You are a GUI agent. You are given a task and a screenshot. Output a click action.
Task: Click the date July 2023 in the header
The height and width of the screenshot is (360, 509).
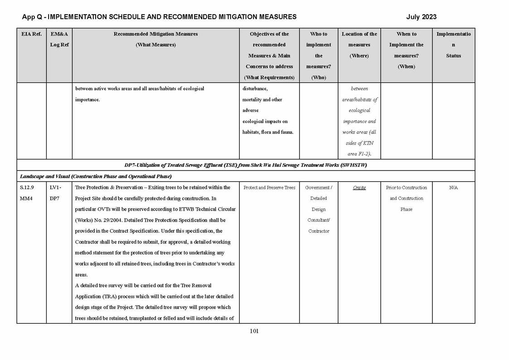click(x=421, y=17)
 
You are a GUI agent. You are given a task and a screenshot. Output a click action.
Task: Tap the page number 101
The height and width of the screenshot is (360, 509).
click(x=254, y=331)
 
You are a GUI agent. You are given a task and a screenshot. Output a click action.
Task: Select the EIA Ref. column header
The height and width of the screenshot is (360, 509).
click(x=31, y=34)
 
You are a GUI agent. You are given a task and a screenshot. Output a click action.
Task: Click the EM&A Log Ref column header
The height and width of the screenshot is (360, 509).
click(x=59, y=39)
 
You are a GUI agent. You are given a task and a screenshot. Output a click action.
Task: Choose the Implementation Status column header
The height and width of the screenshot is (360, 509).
click(x=453, y=45)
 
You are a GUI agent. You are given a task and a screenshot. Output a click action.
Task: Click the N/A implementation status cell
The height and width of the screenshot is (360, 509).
click(x=453, y=188)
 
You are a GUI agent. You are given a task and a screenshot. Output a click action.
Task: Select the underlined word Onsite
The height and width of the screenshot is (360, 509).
click(x=359, y=188)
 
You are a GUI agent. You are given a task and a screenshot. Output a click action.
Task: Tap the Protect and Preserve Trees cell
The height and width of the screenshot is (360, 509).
click(x=269, y=188)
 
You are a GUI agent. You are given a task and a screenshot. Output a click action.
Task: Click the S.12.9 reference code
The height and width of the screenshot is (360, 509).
click(x=27, y=188)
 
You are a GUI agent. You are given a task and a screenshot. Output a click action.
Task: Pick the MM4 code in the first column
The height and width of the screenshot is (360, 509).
click(x=26, y=199)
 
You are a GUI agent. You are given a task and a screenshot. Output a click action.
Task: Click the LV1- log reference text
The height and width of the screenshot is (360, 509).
click(x=55, y=188)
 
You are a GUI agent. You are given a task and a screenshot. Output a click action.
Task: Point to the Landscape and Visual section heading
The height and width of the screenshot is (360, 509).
click(x=96, y=176)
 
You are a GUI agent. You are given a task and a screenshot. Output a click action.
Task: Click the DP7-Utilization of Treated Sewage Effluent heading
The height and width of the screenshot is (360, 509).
click(x=245, y=165)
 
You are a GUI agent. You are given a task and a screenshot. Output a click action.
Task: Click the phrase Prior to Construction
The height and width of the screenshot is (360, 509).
click(x=406, y=188)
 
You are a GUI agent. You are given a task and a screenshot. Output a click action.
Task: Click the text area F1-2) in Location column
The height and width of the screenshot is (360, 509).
click(x=359, y=154)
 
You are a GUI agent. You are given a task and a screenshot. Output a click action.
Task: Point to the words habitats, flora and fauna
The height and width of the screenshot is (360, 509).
click(x=268, y=132)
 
